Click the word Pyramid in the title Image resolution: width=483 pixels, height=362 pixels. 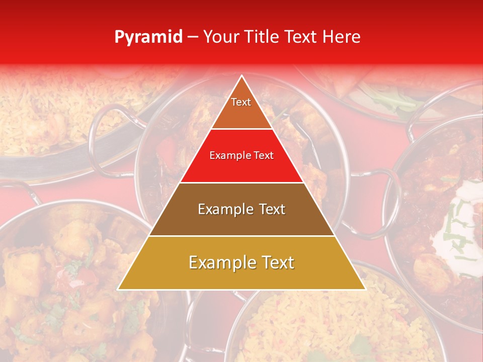(x=148, y=37)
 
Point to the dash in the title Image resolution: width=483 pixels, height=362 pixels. (x=193, y=37)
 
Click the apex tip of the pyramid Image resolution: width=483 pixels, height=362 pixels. (x=242, y=77)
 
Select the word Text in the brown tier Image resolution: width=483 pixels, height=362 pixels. (x=270, y=209)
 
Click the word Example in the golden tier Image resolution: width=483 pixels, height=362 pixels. (x=219, y=262)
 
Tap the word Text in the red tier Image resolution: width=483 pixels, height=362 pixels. (x=264, y=156)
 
